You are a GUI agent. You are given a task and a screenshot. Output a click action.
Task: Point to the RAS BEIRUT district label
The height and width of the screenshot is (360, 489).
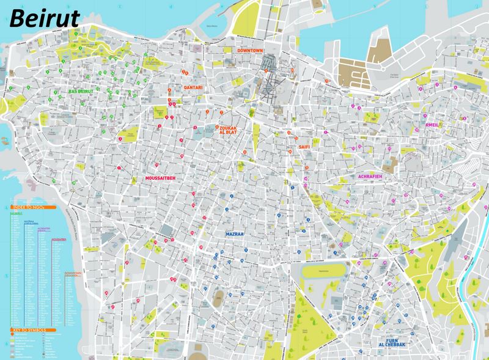click(x=81, y=91)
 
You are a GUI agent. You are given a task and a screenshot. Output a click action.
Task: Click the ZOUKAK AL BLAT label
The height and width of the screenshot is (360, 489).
click(x=231, y=131)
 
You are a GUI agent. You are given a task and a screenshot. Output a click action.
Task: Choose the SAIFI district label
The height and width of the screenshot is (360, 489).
click(x=304, y=147)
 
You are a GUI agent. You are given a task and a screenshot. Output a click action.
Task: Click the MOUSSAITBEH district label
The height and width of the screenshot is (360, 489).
click(x=161, y=178)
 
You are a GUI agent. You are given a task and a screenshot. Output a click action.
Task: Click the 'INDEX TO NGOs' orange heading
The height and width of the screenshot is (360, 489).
click(x=29, y=208)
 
